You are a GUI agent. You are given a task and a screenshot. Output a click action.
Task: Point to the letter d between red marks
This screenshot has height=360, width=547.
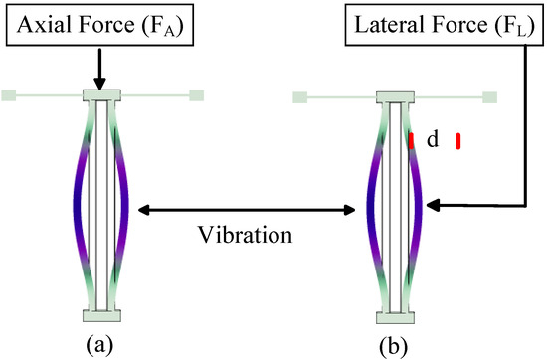[x=433, y=141]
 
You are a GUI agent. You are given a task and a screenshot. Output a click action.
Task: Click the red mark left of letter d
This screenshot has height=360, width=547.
[x=410, y=141]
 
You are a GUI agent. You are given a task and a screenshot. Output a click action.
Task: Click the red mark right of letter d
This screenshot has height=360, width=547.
[x=458, y=141]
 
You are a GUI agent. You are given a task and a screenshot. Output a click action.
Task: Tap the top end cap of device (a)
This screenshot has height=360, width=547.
[x=103, y=96]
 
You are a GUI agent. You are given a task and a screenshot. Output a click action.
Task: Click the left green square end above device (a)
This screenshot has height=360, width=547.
[x=9, y=95]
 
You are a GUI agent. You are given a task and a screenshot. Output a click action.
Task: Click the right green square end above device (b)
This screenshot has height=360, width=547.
[x=488, y=96]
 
